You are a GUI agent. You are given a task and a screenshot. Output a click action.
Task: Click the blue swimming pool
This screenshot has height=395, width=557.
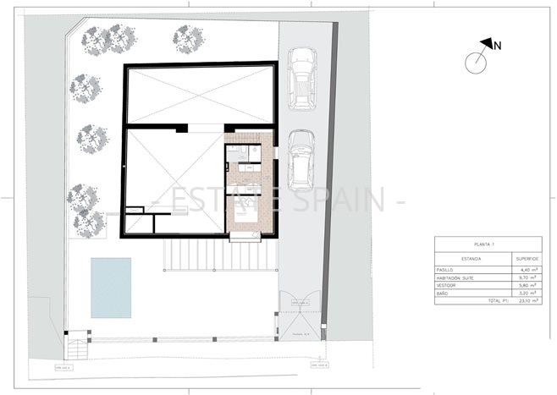[x=111, y=288]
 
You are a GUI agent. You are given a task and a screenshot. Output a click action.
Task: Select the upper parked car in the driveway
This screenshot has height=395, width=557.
[x=302, y=78]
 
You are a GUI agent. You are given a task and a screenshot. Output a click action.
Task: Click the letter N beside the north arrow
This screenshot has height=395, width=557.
[x=497, y=46]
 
